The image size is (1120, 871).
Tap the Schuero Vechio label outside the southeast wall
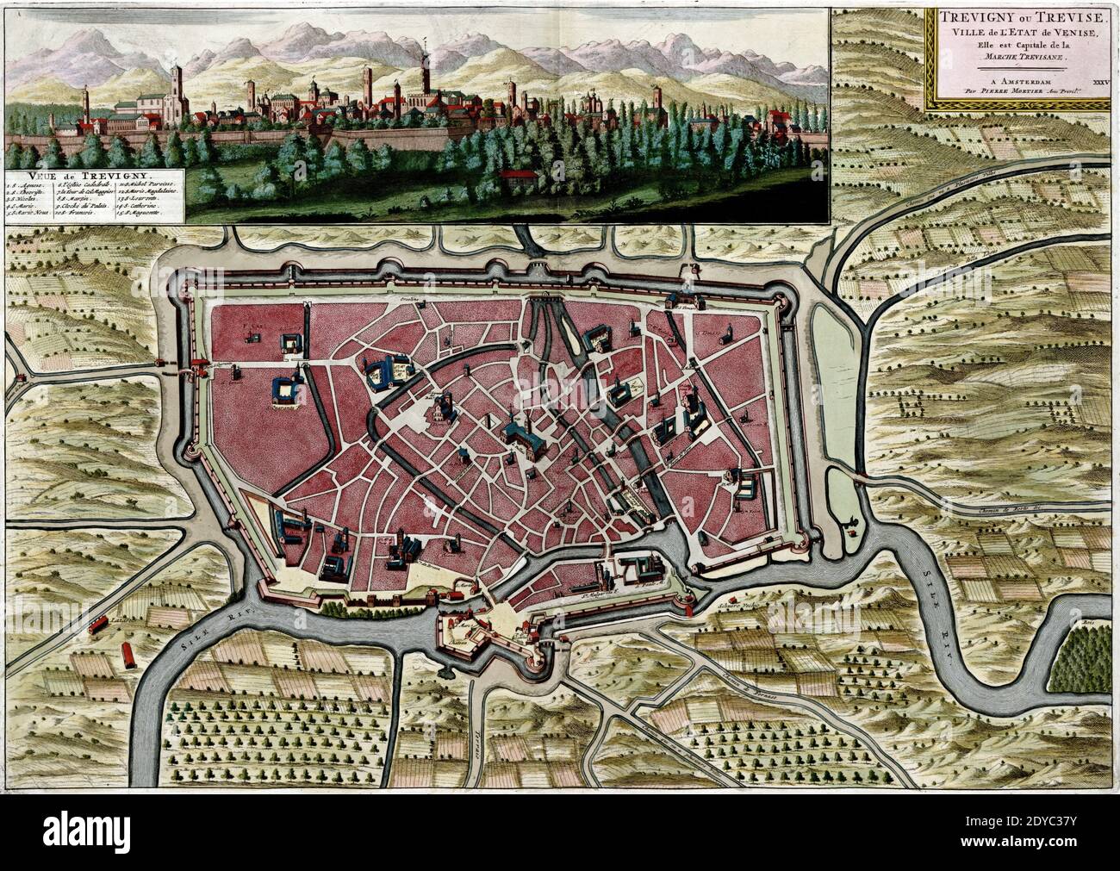(734, 606)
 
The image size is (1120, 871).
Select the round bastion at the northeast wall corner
(783, 298)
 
